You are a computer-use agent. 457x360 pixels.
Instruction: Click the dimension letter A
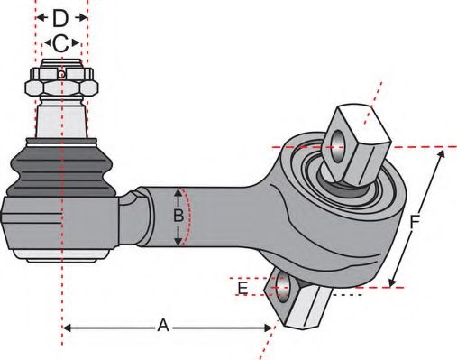click(x=163, y=324)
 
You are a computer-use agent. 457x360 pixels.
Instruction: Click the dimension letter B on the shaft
click(x=178, y=217)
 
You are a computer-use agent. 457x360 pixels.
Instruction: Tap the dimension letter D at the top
click(x=60, y=17)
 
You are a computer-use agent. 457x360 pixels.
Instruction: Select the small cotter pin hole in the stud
click(x=60, y=74)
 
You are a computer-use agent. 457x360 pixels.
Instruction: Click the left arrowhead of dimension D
click(x=39, y=17)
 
